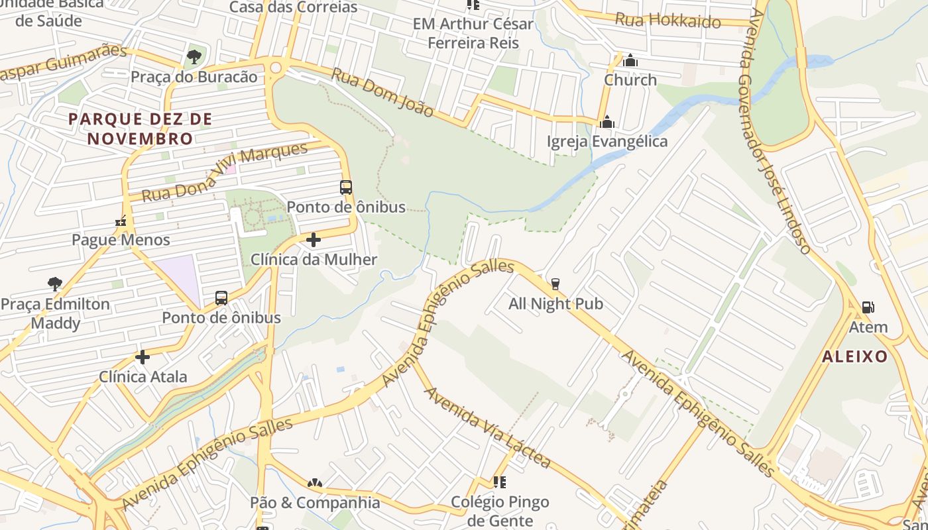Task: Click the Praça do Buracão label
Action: point(194,77)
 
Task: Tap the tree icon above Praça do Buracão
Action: point(194,57)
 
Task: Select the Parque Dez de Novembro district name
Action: point(140,129)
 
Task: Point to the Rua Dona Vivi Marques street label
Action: point(225,172)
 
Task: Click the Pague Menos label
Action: point(121,240)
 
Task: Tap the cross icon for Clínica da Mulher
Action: point(314,240)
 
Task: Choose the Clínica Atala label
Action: point(143,377)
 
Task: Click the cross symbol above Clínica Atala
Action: point(143,358)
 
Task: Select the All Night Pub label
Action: point(555,304)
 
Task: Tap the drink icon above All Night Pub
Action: point(555,284)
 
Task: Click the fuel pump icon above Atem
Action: point(868,307)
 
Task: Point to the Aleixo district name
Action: point(855,356)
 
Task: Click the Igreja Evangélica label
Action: point(607,142)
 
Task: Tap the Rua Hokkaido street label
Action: point(667,20)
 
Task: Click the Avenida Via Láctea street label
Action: point(487,427)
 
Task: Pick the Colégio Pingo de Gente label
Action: point(500,511)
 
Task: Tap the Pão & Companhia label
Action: point(315,502)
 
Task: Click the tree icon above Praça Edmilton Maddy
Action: point(55,284)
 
